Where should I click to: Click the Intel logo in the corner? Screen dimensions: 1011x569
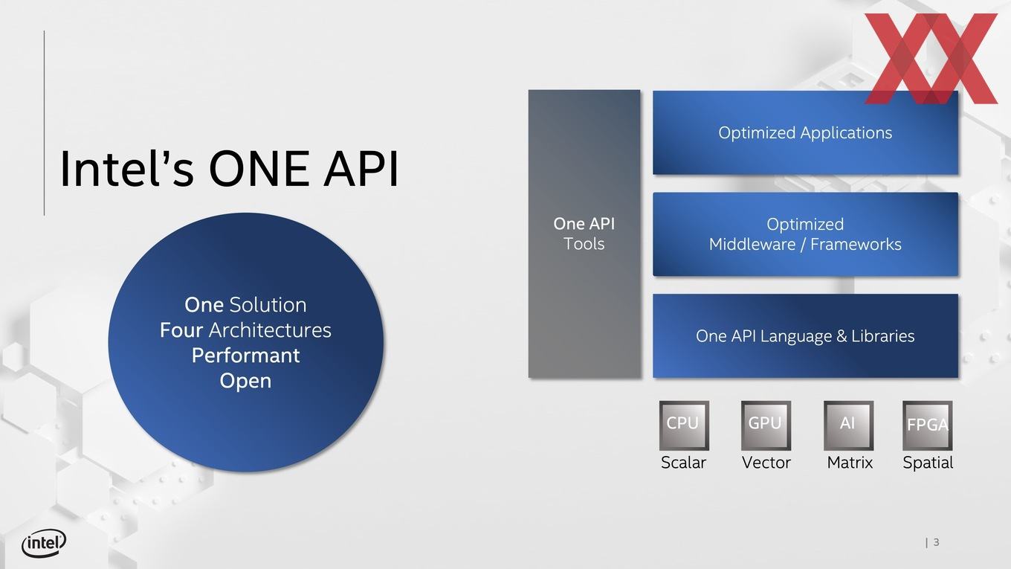click(44, 543)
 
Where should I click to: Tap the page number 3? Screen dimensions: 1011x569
click(936, 542)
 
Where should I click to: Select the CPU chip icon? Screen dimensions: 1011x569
click(684, 425)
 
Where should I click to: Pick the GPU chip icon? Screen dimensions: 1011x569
click(766, 425)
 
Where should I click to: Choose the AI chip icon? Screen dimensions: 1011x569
click(848, 425)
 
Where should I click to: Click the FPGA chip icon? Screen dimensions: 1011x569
click(928, 425)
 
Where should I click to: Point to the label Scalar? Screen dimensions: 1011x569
click(683, 463)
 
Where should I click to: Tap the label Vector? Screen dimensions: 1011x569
click(766, 463)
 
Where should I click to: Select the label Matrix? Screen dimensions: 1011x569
click(850, 463)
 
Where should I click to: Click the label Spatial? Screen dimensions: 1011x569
click(928, 463)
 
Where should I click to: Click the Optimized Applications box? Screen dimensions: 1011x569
click(805, 132)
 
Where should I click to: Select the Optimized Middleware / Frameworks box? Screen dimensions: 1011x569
click(805, 234)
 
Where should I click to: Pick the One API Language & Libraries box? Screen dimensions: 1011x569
click(805, 336)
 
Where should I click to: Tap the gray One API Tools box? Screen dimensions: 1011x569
click(584, 234)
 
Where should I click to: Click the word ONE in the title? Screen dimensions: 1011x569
click(259, 169)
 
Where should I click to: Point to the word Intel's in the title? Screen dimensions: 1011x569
click(127, 169)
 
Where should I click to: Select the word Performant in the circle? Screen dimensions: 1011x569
click(245, 356)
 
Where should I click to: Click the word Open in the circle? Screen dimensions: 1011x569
click(245, 382)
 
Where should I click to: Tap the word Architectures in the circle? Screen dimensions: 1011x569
click(270, 330)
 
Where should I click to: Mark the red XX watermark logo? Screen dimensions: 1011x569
click(931, 59)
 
